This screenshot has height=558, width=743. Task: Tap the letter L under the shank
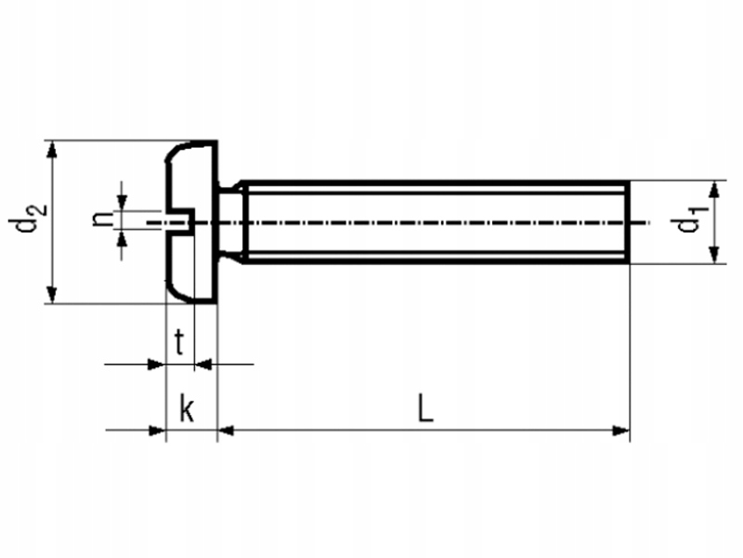(x=424, y=408)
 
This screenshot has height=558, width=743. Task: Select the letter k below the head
(x=187, y=408)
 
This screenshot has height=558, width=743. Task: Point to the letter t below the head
(x=182, y=343)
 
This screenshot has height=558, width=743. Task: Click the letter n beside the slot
(x=100, y=221)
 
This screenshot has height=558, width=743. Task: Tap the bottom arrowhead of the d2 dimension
(x=53, y=295)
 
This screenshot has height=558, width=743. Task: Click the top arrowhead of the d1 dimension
(x=714, y=190)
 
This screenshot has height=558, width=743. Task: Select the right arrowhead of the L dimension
(x=621, y=430)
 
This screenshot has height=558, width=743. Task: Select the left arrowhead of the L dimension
(x=226, y=430)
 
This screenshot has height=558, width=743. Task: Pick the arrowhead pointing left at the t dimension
(x=205, y=365)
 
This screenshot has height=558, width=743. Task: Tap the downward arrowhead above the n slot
(x=123, y=203)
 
